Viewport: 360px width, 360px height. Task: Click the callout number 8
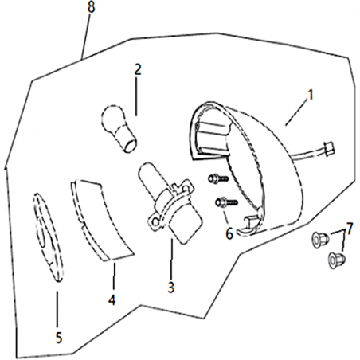[x=91, y=7]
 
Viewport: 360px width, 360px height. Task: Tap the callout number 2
[x=138, y=69]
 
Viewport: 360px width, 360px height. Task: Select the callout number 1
[x=310, y=95]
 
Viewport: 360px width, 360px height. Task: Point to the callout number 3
[x=171, y=287]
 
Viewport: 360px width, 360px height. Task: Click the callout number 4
[x=112, y=300]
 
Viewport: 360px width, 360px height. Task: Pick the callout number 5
[x=59, y=338]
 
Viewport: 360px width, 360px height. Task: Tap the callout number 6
[x=229, y=234]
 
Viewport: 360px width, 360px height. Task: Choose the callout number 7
[x=350, y=229]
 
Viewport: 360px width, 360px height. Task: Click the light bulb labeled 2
[x=119, y=128]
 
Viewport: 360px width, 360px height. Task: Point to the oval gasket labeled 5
[x=49, y=237]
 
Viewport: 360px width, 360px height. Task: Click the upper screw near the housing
[x=218, y=178]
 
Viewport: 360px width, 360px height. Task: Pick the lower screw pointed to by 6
[x=226, y=203]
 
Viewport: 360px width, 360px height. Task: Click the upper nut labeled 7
[x=320, y=240]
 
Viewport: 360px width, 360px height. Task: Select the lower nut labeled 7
[x=337, y=259]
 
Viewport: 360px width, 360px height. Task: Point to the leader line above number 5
[x=57, y=310]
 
